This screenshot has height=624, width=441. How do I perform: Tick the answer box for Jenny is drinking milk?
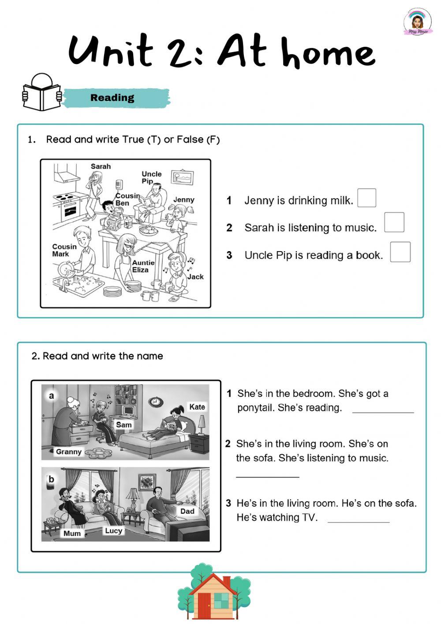tap(366, 198)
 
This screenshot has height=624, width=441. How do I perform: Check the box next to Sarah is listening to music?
tap(394, 222)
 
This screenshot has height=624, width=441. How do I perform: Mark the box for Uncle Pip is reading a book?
tap(400, 252)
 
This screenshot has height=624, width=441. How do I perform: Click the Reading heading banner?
tap(116, 98)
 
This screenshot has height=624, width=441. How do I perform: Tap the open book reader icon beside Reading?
tap(41, 93)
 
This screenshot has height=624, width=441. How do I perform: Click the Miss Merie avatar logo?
tap(417, 22)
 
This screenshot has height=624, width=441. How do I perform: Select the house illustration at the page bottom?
tap(214, 594)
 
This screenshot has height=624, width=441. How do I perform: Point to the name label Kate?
tap(197, 406)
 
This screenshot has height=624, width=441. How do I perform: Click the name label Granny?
tap(69, 451)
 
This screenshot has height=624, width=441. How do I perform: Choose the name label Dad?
tap(187, 511)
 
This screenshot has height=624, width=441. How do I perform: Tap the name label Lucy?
tap(113, 530)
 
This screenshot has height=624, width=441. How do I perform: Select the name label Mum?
tap(72, 533)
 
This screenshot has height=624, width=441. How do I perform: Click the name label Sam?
tap(123, 425)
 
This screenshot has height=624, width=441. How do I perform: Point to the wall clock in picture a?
tap(155, 402)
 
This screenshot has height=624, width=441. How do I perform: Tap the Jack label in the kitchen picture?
tap(195, 277)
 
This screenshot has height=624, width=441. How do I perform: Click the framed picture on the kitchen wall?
tap(182, 177)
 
